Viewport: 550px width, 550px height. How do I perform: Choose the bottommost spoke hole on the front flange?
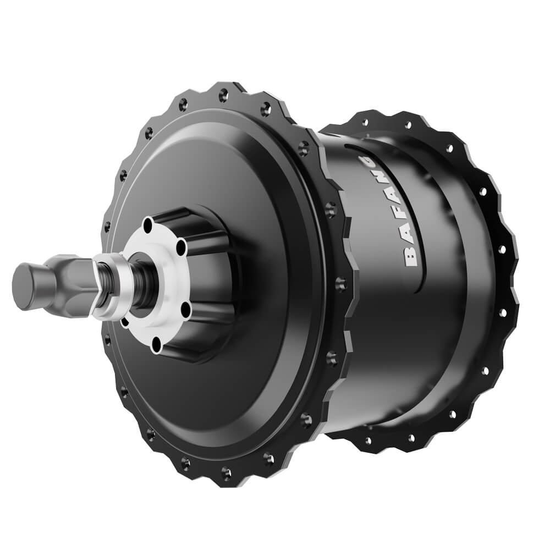[x=226, y=472]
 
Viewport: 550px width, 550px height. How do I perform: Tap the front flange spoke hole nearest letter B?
[x=339, y=284]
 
